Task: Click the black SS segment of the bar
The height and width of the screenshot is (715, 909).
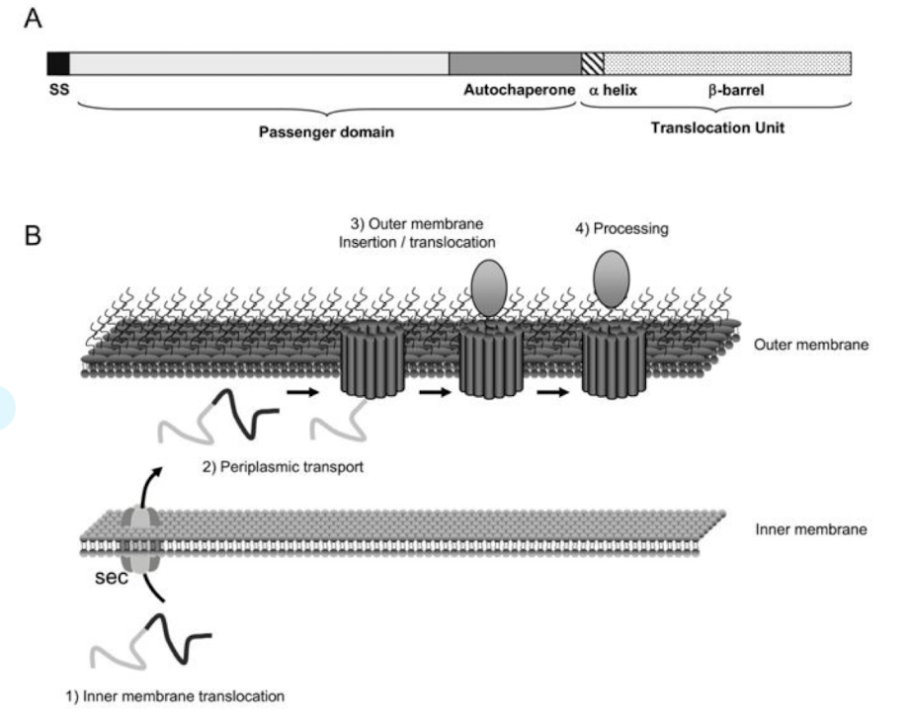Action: click(58, 64)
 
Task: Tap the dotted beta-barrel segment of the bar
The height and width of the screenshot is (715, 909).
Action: click(727, 64)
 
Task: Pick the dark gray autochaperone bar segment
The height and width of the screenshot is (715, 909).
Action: click(515, 64)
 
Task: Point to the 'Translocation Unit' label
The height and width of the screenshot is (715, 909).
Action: click(717, 127)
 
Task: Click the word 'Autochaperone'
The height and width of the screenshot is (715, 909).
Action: click(519, 89)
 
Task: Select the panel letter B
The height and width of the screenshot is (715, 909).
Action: click(33, 240)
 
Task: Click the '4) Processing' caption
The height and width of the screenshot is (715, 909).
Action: click(622, 229)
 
